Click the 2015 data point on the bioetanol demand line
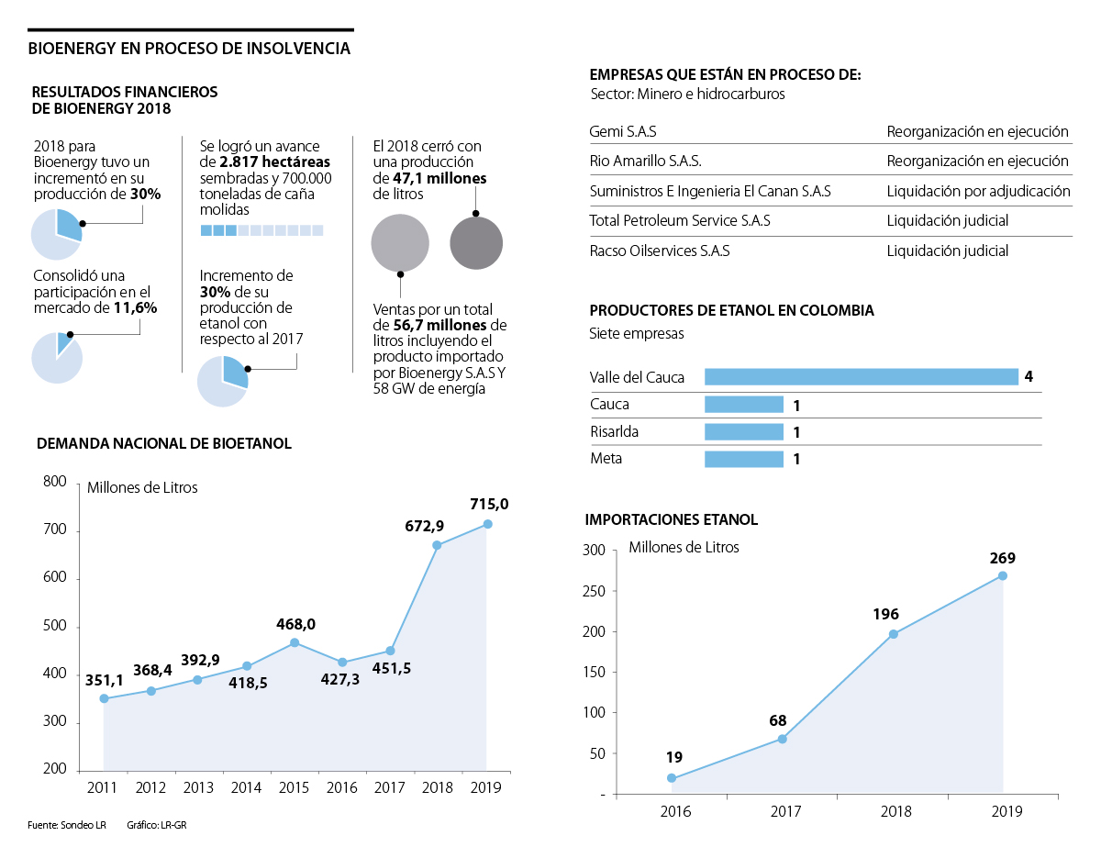[295, 642]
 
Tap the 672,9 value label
[425, 526]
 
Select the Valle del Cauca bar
[861, 376]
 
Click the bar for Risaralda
[743, 432]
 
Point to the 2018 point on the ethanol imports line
[893, 634]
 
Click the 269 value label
[1002, 558]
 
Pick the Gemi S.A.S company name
[622, 132]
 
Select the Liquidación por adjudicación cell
[978, 192]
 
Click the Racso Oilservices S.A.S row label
[659, 251]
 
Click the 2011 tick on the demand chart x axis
[102, 787]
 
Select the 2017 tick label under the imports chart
[785, 811]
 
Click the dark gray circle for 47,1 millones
[476, 243]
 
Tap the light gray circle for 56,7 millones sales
[399, 243]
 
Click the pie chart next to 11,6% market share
[57, 357]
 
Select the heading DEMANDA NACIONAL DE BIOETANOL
[163, 443]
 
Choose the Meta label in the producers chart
[606, 459]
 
